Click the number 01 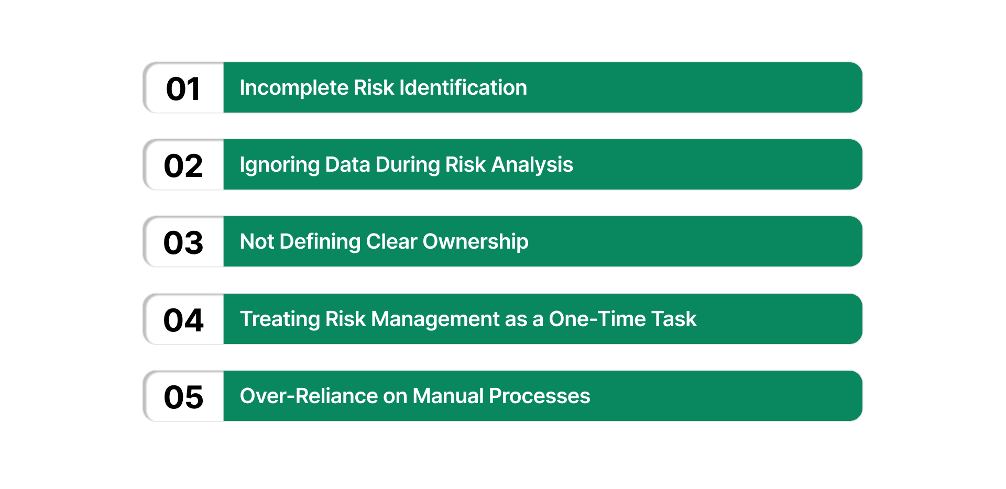[183, 89]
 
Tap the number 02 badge [183, 166]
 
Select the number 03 [183, 243]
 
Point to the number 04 [183, 320]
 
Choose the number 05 [183, 397]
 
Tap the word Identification [463, 88]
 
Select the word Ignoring [279, 165]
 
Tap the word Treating [280, 319]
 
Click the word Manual [448, 396]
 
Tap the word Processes [539, 396]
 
